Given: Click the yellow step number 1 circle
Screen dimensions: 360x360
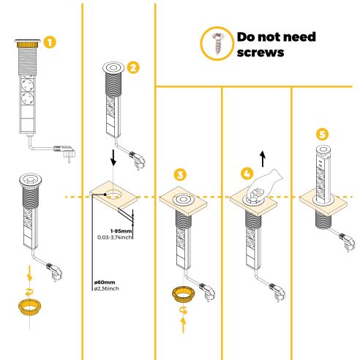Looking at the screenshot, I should coord(50,42).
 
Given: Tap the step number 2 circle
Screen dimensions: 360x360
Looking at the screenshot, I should coord(132,67).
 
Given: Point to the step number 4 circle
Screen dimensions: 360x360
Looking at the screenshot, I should coord(249,174).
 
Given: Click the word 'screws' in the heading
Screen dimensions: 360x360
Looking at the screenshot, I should coord(260,53).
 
